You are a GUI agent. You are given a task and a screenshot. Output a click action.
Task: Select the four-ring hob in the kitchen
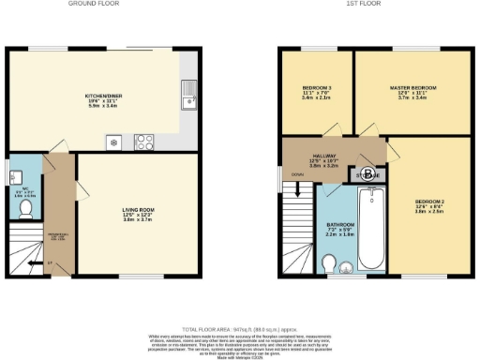tap(145, 143)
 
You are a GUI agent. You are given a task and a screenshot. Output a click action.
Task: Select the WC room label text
tap(25, 193)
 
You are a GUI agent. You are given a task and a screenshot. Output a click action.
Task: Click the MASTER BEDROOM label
tap(412, 89)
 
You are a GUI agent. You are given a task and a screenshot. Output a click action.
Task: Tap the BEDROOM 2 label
tap(429, 203)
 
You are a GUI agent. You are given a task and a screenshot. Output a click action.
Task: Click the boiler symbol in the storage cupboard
tap(367, 174)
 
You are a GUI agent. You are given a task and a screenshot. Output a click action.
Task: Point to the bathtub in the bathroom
tap(371, 226)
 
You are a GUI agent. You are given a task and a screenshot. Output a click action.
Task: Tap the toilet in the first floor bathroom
tap(348, 270)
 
